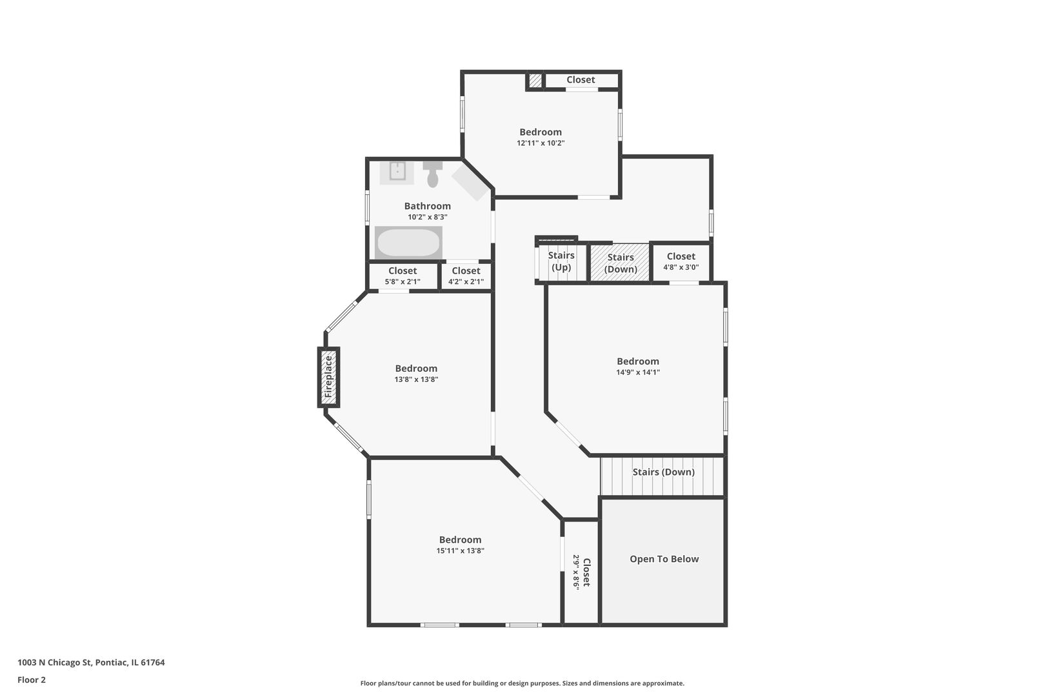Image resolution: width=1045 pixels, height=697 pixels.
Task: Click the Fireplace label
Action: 328,377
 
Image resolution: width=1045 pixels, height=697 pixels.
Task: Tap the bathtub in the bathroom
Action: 408,243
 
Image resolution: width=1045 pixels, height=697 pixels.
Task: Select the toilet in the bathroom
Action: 433,174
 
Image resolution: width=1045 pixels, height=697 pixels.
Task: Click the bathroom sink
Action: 397,172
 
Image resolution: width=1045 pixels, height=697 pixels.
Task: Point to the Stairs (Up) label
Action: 561,261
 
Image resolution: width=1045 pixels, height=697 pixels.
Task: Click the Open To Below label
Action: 664,559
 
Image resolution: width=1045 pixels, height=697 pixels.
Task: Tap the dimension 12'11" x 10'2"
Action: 541,143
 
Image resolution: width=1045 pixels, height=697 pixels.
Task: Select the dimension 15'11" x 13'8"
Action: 460,551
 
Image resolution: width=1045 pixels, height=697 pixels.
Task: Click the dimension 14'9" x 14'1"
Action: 638,372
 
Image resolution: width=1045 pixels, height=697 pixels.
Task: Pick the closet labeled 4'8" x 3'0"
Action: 681,262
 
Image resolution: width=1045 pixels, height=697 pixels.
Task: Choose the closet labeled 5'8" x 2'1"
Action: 403,276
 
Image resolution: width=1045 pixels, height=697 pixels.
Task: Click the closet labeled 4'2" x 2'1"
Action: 466,276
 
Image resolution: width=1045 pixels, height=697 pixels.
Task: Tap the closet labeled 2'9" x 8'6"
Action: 581,572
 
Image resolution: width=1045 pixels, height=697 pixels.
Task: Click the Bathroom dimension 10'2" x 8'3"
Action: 427,217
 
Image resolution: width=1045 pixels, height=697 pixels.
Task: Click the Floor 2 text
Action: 32,680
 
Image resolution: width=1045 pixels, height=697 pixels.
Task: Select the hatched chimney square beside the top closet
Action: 535,81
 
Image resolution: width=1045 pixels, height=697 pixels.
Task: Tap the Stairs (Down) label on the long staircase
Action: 663,472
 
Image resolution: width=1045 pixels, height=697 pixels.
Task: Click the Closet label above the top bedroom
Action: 581,80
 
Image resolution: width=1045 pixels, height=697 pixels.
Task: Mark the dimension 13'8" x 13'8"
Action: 416,379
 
